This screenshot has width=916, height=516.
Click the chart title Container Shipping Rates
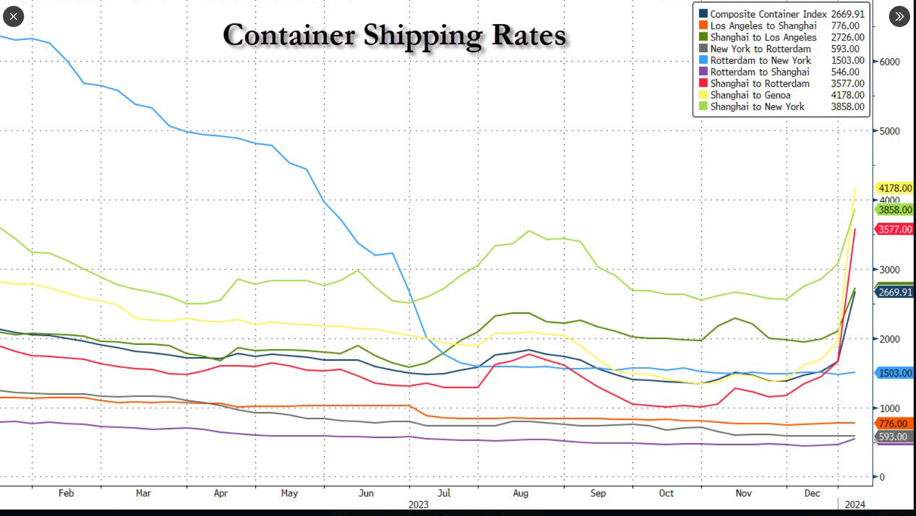[394, 35]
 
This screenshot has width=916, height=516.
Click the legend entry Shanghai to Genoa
[750, 95]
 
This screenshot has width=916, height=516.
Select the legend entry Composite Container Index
[768, 14]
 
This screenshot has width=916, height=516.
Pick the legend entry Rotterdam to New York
[760, 60]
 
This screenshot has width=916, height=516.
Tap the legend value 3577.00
[847, 83]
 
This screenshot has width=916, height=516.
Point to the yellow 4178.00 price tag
[895, 188]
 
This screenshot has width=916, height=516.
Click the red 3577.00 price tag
[895, 229]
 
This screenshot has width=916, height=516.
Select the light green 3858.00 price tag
[895, 210]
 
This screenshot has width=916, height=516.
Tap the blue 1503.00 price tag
[895, 373]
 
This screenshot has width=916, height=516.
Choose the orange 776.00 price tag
[893, 423]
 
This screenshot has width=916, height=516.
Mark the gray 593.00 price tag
[893, 437]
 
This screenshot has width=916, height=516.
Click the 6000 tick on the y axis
[890, 62]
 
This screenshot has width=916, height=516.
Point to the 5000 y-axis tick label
[890, 131]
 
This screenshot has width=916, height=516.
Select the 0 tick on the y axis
[881, 477]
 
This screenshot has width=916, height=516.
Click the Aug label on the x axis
[520, 493]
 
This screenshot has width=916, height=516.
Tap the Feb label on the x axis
[66, 493]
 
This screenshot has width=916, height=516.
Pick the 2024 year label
[854, 504]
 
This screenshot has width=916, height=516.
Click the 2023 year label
[418, 504]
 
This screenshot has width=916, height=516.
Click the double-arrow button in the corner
[899, 16]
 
